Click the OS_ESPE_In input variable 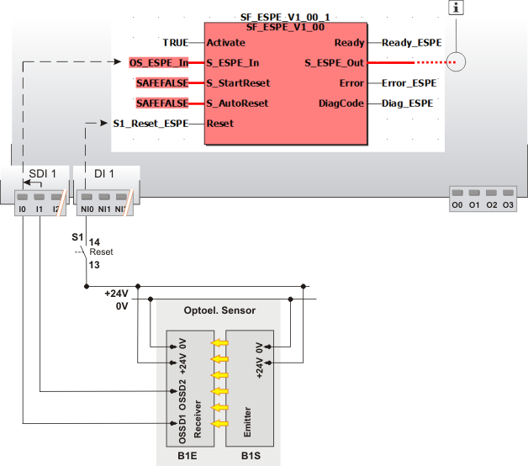point(159,62)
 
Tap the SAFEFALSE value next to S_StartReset point(162,82)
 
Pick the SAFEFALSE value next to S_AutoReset point(162,103)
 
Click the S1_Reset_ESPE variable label point(150,123)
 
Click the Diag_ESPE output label point(407,103)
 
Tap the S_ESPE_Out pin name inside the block point(334,62)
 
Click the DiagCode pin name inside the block point(341,103)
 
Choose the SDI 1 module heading point(43,173)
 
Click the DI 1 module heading point(104,173)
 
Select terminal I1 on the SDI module point(39,206)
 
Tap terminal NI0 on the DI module point(85,206)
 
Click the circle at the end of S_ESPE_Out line point(455,62)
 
